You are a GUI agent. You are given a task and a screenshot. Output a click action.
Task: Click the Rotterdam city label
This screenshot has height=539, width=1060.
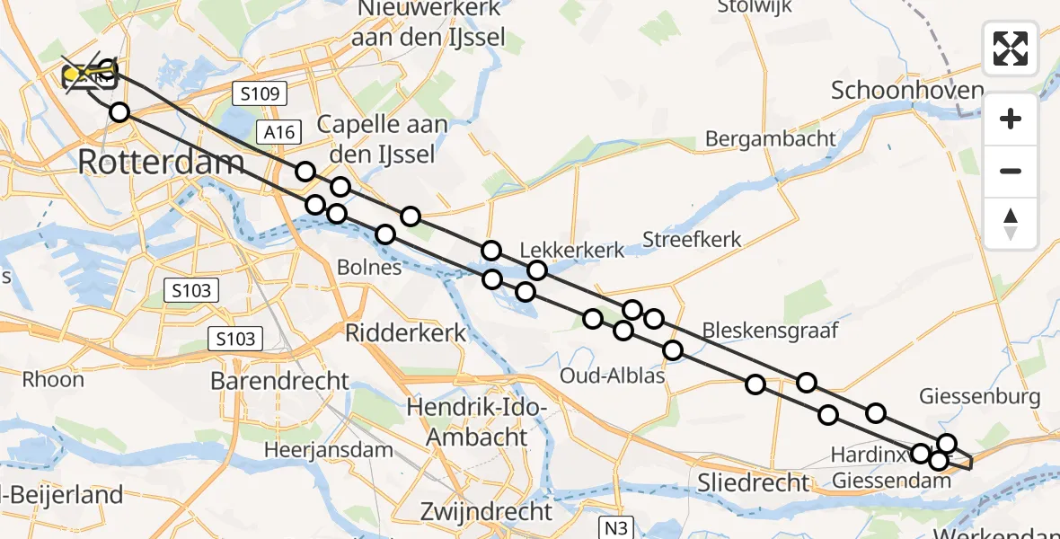(x=162, y=162)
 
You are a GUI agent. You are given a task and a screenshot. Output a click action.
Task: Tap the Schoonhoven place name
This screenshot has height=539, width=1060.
(x=907, y=91)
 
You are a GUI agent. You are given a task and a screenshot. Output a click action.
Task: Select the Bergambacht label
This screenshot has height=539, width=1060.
(x=771, y=139)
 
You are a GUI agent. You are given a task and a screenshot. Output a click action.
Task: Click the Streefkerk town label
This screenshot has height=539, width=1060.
(x=692, y=240)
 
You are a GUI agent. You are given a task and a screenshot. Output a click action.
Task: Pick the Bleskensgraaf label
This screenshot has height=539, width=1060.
(x=770, y=331)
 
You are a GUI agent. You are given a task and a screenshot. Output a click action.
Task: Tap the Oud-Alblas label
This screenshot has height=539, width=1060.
(x=612, y=376)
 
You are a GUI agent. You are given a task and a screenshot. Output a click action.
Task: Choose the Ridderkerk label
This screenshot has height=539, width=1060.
(x=406, y=333)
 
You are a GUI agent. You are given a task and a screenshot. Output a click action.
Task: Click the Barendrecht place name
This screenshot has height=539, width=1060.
(x=279, y=381)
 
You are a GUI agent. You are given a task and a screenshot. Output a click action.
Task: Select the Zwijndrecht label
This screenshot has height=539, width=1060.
(x=487, y=512)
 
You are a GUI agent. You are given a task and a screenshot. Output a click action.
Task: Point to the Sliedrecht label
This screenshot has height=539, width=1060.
(x=754, y=482)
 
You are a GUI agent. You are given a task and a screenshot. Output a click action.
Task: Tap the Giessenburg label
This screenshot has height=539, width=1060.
(x=980, y=396)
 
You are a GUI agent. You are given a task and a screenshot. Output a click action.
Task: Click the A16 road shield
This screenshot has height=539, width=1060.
(x=279, y=133)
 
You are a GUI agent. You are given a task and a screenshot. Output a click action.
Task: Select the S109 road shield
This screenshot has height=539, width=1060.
(x=258, y=93)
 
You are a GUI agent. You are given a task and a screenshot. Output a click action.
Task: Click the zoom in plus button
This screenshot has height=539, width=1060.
(x=1011, y=119)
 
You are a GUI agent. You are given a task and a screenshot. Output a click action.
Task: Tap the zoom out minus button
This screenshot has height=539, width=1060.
(x=1011, y=171)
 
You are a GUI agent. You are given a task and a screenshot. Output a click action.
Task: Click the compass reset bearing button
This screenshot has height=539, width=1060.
(x=1011, y=223)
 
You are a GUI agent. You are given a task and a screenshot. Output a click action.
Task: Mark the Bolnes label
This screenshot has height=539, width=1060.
(x=369, y=268)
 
